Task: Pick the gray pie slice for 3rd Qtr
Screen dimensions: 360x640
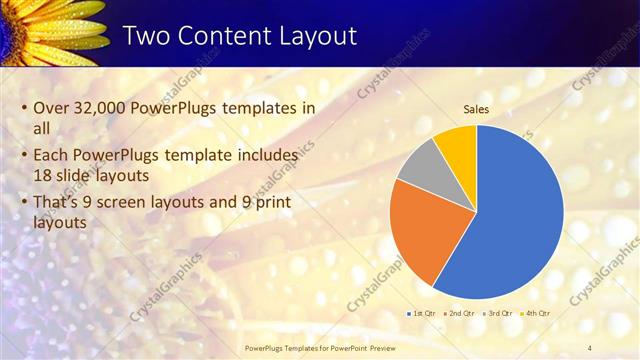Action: [419, 164]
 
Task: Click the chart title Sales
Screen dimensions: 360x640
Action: [476, 110]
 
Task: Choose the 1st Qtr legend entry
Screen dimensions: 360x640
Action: [421, 314]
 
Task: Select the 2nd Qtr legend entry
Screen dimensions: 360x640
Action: [458, 314]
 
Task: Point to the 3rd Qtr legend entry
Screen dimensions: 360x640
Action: [495, 314]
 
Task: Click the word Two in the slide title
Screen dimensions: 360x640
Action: [146, 37]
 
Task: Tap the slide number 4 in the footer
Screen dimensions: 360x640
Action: [589, 347]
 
